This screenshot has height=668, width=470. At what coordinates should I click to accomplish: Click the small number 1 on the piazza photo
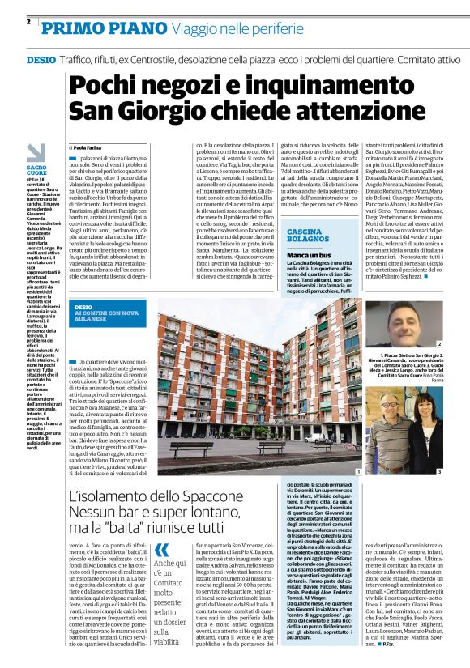(357, 470)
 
